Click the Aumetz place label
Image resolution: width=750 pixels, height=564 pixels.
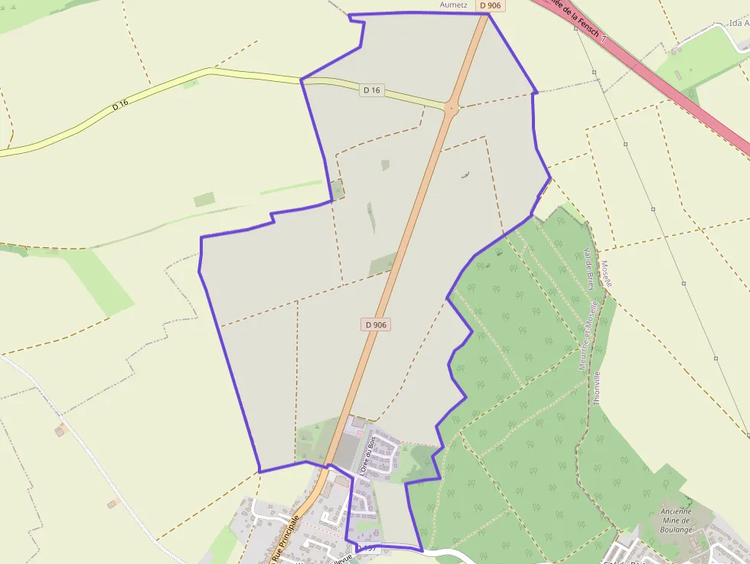coord(454,5)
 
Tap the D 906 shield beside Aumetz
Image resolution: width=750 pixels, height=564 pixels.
coord(491,5)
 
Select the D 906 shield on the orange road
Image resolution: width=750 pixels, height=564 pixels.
coord(376,324)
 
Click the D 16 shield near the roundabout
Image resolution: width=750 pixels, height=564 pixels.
coord(372,90)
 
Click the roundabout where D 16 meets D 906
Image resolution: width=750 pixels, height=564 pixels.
coord(451,109)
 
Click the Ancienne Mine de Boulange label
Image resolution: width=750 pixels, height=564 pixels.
coord(675,520)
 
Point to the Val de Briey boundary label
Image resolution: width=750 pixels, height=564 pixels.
coord(589,269)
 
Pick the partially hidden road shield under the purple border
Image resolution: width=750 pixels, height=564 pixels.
coord(370,549)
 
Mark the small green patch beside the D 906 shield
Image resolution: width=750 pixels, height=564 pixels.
coord(383,265)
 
